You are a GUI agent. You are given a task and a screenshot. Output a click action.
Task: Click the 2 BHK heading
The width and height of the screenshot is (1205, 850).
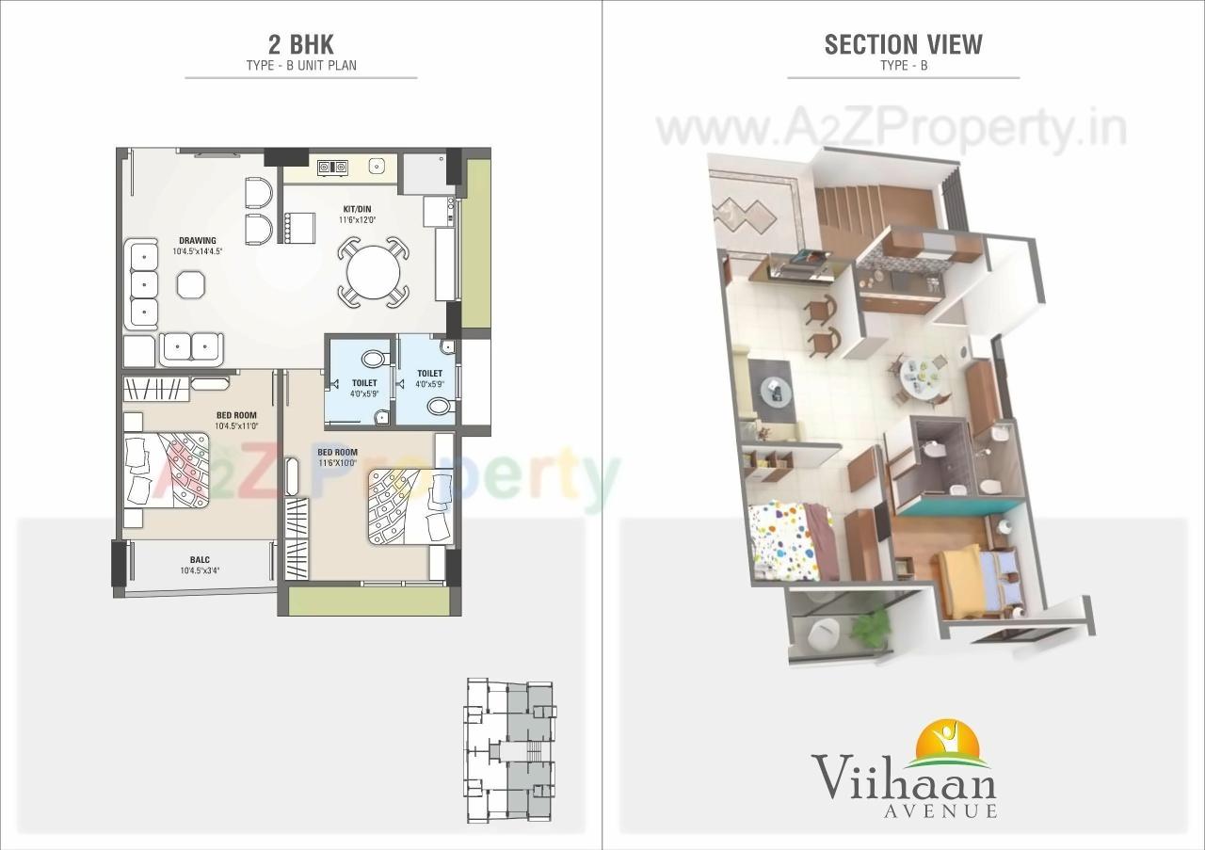pos(300,43)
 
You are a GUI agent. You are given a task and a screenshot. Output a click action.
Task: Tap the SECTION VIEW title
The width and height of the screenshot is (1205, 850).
pos(903,44)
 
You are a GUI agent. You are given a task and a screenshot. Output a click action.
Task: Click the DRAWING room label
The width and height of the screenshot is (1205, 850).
pos(198,240)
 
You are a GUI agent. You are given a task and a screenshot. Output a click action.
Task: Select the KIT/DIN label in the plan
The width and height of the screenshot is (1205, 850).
pos(358,209)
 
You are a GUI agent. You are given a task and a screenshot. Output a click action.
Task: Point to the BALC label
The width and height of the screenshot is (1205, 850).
pos(199,559)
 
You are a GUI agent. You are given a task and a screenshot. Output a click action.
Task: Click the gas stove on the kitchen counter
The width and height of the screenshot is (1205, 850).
pos(331,168)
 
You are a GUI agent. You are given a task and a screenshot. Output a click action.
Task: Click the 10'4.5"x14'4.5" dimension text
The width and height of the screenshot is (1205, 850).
pos(198,252)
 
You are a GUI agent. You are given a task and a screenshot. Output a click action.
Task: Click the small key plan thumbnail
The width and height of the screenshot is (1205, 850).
pos(509,750)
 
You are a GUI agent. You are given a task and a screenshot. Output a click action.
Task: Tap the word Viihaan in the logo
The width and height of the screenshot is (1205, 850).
pos(904,780)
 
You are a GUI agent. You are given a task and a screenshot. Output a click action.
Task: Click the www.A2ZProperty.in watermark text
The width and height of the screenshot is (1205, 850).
pos(890,129)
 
